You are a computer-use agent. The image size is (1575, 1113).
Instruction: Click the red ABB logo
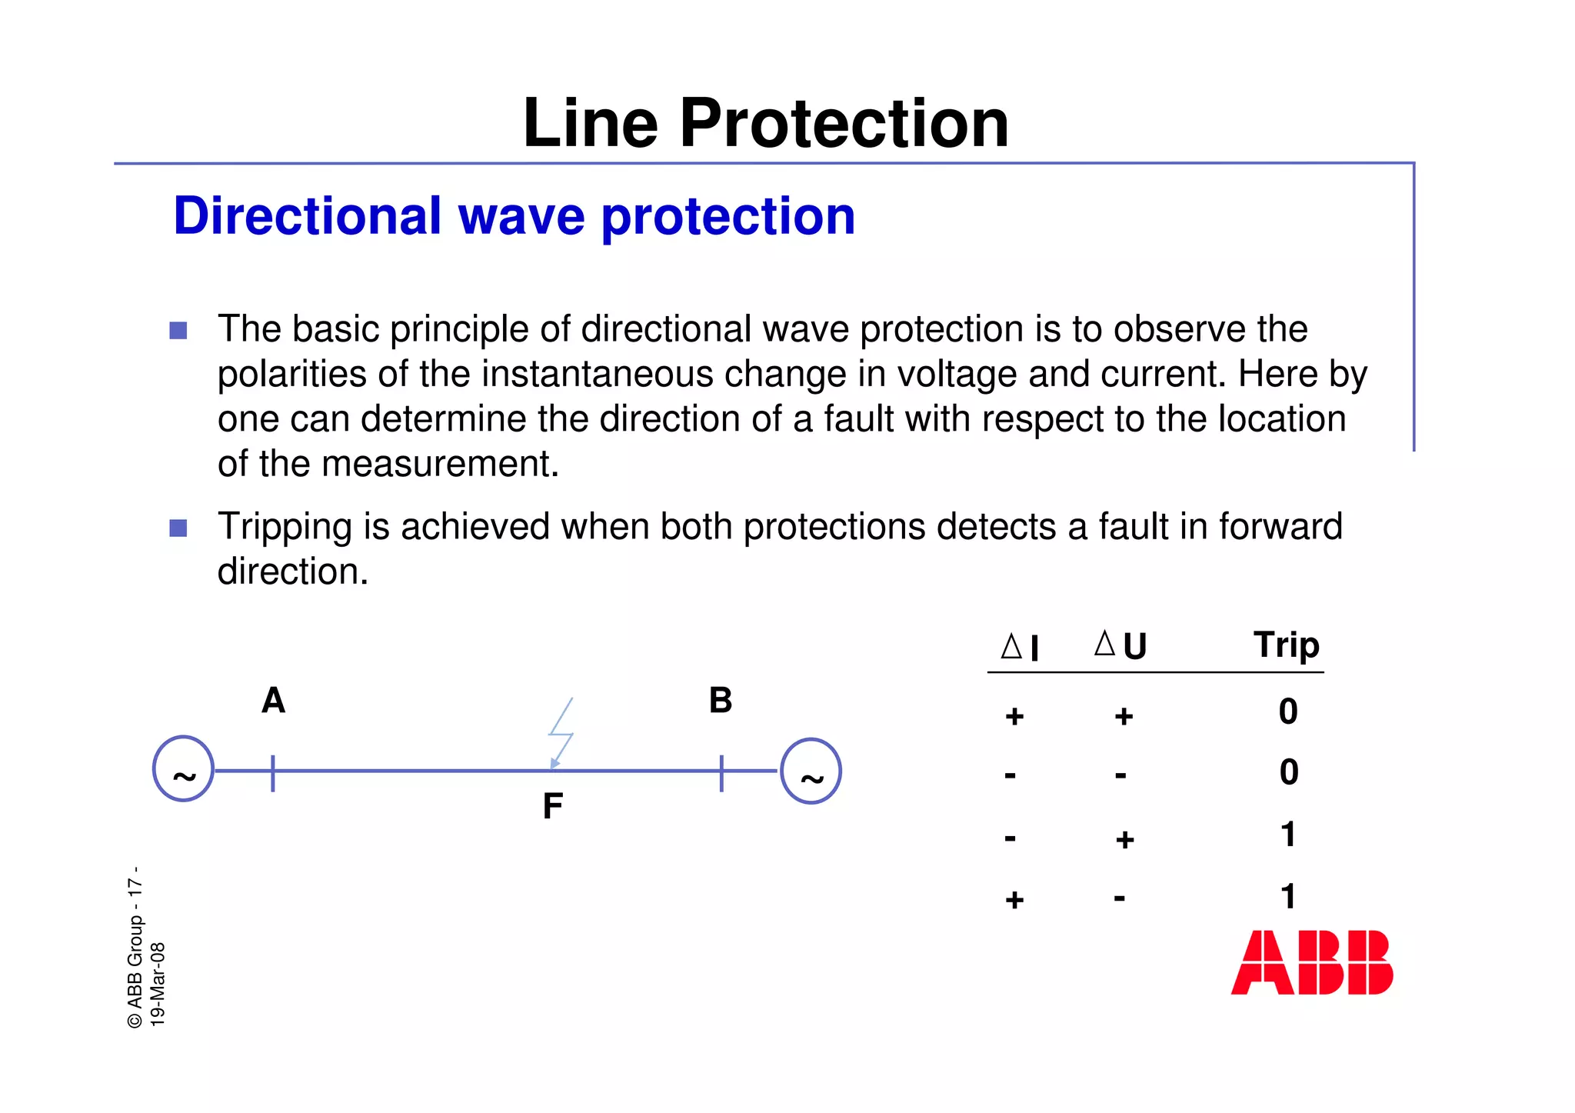click(x=1311, y=962)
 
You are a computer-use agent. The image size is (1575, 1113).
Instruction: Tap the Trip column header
click(x=1286, y=645)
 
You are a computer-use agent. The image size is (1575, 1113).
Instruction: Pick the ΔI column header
click(x=1021, y=647)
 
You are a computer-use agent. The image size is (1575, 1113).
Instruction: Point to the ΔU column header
click(x=1120, y=645)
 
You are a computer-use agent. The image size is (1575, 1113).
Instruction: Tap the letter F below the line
click(x=552, y=806)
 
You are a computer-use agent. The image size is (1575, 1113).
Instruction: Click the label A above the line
click(x=273, y=701)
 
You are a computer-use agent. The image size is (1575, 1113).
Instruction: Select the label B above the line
click(x=721, y=701)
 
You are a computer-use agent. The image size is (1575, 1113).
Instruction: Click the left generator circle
click(x=183, y=769)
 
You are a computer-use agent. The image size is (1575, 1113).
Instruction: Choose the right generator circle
click(x=811, y=771)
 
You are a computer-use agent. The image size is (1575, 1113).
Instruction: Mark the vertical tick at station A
click(x=273, y=772)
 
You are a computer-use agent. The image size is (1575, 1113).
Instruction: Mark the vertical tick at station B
click(x=721, y=772)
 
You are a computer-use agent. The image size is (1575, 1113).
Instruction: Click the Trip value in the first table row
click(x=1288, y=711)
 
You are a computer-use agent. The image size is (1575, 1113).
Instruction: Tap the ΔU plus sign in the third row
click(x=1124, y=839)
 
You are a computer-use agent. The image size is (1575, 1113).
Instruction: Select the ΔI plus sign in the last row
click(x=1014, y=899)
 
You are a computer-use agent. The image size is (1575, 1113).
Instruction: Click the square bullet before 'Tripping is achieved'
click(x=178, y=528)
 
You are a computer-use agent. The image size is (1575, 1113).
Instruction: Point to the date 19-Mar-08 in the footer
click(x=158, y=984)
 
